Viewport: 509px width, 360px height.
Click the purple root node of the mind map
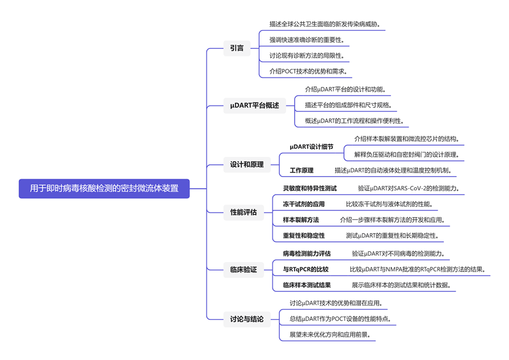click(x=104, y=188)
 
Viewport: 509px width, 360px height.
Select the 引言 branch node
click(x=237, y=48)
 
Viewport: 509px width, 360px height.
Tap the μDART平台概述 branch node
click(x=254, y=106)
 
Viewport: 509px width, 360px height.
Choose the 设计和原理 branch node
click(x=247, y=164)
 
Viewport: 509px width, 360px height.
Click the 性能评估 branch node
click(x=243, y=212)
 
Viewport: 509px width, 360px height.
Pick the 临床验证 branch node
click(x=243, y=270)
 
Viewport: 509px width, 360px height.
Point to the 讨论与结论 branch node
click(x=247, y=319)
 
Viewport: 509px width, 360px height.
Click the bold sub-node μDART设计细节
click(x=311, y=147)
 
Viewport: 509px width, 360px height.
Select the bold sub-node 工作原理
click(x=302, y=171)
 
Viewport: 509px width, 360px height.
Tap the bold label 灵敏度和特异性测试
click(x=310, y=188)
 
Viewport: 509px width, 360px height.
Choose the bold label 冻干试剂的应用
click(x=304, y=204)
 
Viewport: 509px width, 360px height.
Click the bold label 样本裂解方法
click(x=301, y=220)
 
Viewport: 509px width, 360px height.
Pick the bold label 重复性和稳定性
click(x=304, y=235)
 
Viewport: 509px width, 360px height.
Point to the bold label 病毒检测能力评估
click(x=306, y=253)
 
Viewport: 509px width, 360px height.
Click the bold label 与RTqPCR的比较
click(x=305, y=269)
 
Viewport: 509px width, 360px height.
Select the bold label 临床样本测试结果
click(x=306, y=285)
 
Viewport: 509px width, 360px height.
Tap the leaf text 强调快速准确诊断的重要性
click(x=306, y=39)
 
